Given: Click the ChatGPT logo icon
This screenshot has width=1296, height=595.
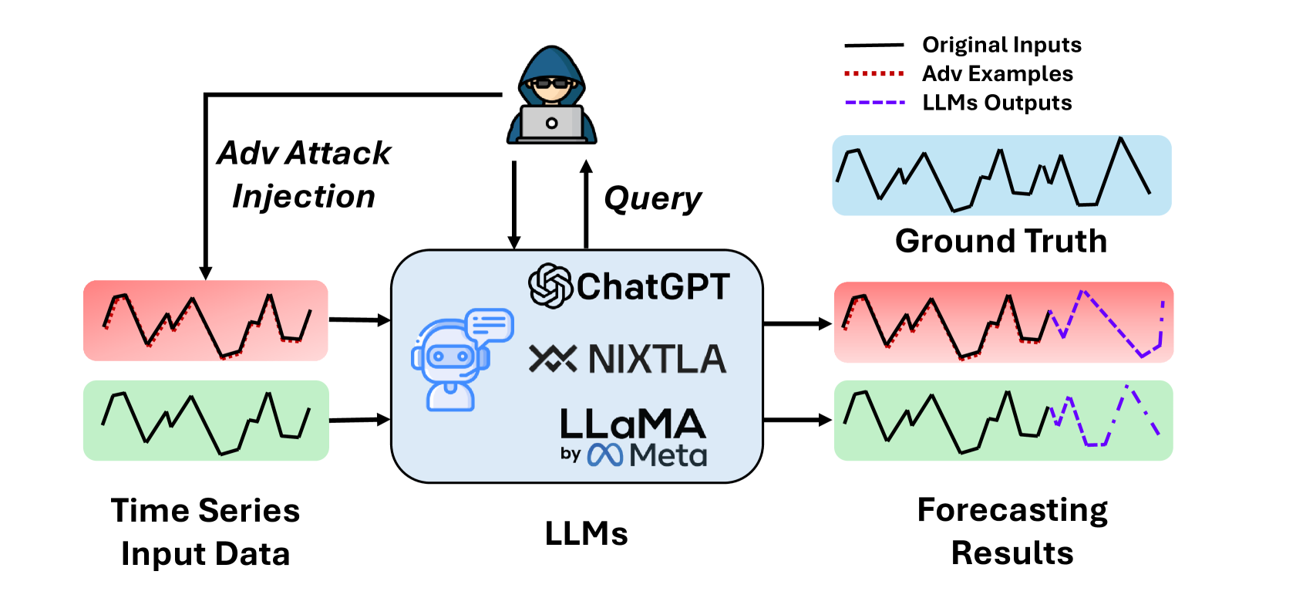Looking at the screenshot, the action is (x=550, y=286).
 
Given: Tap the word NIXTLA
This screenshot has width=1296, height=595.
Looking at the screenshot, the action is (x=657, y=359).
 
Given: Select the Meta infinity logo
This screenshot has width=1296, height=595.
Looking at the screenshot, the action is (x=605, y=455).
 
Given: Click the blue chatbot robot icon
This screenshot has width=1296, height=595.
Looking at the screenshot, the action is (x=463, y=360).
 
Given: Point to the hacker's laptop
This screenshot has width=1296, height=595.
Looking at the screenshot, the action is (x=552, y=123).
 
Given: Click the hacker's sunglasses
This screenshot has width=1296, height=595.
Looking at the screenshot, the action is (x=551, y=83).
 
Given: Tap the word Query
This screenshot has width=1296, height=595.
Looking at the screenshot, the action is (x=652, y=200).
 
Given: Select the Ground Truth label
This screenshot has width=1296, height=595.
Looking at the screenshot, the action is (x=1001, y=241).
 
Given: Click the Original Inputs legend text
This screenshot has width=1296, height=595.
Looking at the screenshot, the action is (x=1001, y=45).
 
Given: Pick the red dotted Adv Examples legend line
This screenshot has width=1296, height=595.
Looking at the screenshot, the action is (x=874, y=73).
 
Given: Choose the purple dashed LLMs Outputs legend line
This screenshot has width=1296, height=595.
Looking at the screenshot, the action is (x=874, y=103).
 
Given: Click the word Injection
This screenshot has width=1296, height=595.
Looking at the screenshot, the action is (x=304, y=197).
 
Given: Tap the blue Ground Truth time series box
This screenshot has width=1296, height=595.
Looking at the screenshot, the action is (x=1001, y=175).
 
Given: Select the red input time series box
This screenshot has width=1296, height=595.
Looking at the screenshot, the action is (x=205, y=321).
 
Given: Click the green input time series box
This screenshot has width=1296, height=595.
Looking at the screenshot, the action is (x=206, y=421).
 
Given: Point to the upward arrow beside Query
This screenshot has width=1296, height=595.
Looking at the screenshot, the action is (x=586, y=205).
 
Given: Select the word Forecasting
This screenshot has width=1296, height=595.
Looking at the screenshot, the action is (x=1012, y=511).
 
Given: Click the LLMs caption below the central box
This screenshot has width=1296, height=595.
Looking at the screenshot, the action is (x=586, y=533).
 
